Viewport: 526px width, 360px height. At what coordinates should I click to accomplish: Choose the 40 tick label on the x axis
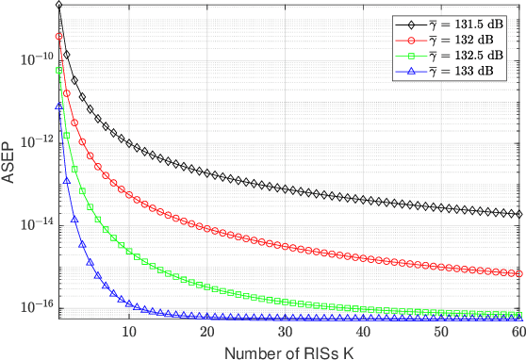point(364,334)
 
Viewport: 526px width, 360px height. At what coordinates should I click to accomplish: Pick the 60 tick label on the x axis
point(518,334)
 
